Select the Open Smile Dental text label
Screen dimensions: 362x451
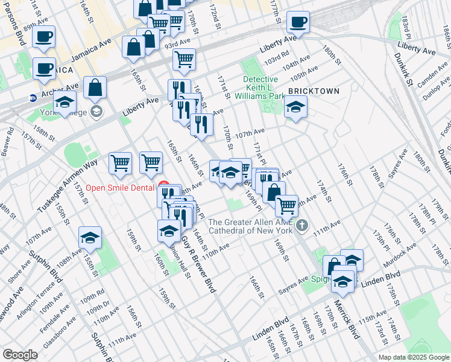click(x=120, y=188)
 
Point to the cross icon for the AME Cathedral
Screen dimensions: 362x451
click(x=303, y=226)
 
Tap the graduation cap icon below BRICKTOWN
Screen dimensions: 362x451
click(x=295, y=109)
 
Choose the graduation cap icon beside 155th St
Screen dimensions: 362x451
click(x=90, y=239)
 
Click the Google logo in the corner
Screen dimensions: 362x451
click(x=20, y=354)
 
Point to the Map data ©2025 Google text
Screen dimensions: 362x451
click(x=414, y=357)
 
